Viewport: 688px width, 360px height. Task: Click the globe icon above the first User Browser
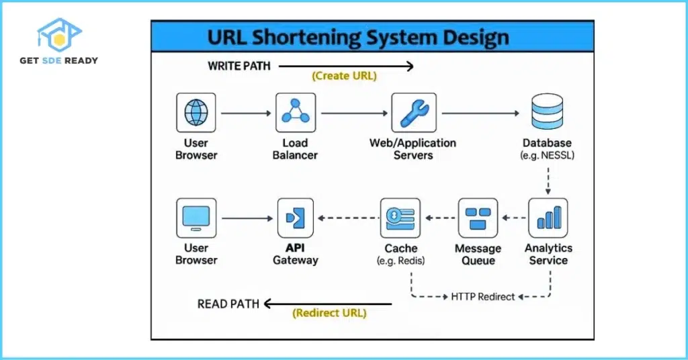(196, 112)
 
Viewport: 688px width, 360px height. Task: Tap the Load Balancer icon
(295, 112)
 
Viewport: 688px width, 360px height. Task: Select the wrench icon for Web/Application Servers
(413, 112)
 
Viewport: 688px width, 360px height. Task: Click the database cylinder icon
(547, 110)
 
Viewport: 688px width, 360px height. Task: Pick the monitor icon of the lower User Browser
(196, 218)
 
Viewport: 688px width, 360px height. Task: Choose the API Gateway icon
(295, 218)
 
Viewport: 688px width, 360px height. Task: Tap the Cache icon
(400, 218)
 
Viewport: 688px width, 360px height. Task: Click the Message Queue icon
(478, 218)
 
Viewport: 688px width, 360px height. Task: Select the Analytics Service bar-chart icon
(548, 218)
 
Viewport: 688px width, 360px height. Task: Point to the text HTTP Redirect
(483, 296)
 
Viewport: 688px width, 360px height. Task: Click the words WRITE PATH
(238, 66)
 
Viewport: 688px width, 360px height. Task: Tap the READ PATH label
(228, 304)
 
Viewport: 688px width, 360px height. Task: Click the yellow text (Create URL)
(344, 76)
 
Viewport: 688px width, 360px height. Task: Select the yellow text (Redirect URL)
(331, 313)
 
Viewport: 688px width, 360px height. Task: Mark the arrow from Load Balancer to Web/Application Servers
(353, 113)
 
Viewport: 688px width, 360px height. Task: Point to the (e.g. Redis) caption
(401, 261)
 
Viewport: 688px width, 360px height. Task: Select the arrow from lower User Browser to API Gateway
(245, 218)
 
